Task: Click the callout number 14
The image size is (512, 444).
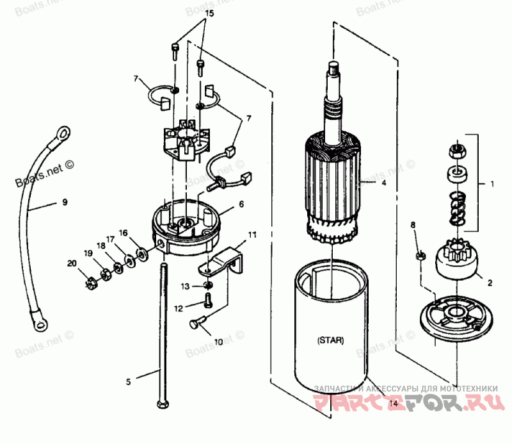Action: tap(393, 404)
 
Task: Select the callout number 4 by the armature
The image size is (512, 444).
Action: tap(383, 183)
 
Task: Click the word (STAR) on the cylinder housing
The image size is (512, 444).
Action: tap(330, 340)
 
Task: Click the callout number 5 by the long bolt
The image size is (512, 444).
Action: tap(128, 382)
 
